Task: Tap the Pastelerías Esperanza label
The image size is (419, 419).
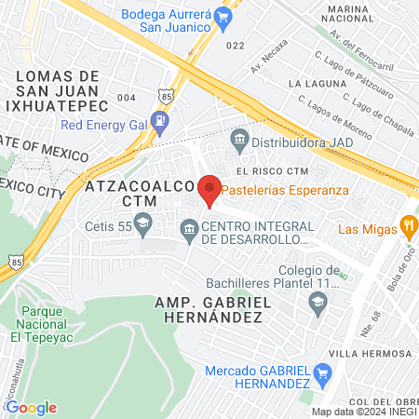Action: coord(285,190)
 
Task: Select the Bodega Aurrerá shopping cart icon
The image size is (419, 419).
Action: coord(222,16)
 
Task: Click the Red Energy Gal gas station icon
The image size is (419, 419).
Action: coord(162,120)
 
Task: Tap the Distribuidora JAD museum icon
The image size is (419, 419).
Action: coord(240,142)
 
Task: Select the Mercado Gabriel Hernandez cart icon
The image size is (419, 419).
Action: coord(323,375)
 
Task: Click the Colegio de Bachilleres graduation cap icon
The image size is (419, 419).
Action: coord(318,303)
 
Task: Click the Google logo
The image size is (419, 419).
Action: coord(31,407)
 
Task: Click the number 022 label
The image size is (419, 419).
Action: coord(235,45)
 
